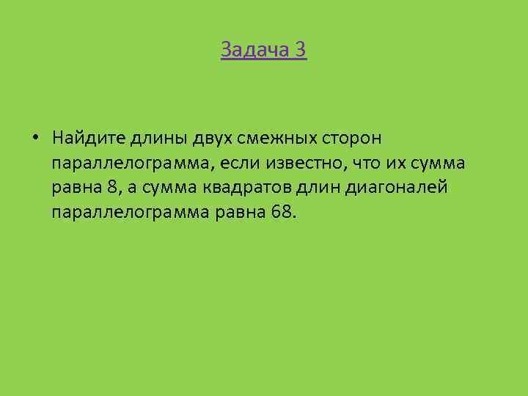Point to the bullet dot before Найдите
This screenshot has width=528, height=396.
point(35,137)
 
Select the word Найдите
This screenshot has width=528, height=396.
point(88,138)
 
